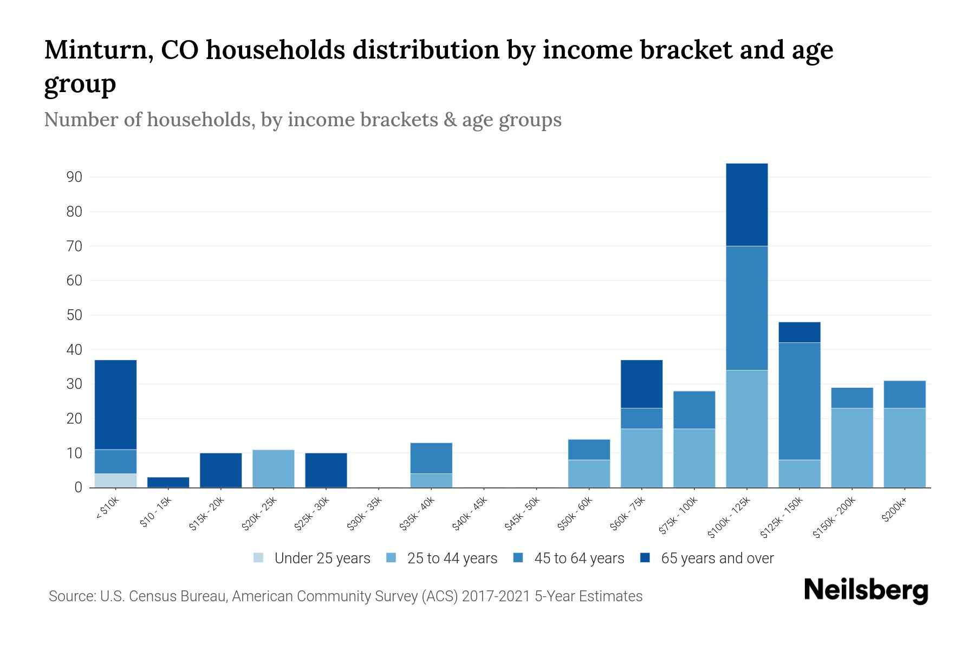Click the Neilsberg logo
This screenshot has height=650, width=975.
click(x=866, y=590)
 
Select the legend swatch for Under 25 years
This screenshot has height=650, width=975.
click(x=258, y=558)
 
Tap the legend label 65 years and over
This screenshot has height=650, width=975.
click(x=717, y=558)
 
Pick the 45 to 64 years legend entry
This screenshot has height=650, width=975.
click(x=579, y=558)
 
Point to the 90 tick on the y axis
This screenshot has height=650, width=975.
click(x=75, y=177)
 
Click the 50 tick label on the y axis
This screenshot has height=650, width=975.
click(x=75, y=315)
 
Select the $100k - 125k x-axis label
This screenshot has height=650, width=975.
click(x=730, y=518)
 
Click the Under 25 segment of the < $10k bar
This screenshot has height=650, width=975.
click(x=115, y=480)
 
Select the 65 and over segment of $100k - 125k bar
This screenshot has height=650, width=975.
click(x=746, y=205)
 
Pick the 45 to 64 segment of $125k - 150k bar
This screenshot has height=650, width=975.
click(x=799, y=401)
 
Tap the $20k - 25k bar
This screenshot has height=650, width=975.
click(x=274, y=469)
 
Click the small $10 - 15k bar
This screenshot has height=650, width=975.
click(x=168, y=482)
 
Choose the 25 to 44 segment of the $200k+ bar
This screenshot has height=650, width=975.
click(x=905, y=447)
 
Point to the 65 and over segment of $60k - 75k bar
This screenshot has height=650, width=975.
click(x=641, y=383)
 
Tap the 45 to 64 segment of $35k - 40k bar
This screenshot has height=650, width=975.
click(x=431, y=458)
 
